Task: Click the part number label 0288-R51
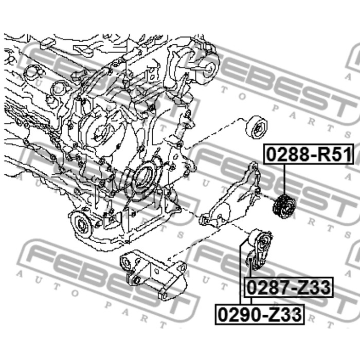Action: click(309, 154)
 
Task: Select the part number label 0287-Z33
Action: click(289, 287)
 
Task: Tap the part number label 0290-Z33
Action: click(260, 315)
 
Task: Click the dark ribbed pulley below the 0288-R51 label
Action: click(284, 206)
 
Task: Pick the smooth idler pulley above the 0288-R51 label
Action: click(257, 128)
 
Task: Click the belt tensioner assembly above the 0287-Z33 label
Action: click(260, 248)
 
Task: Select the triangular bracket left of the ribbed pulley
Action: click(230, 197)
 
